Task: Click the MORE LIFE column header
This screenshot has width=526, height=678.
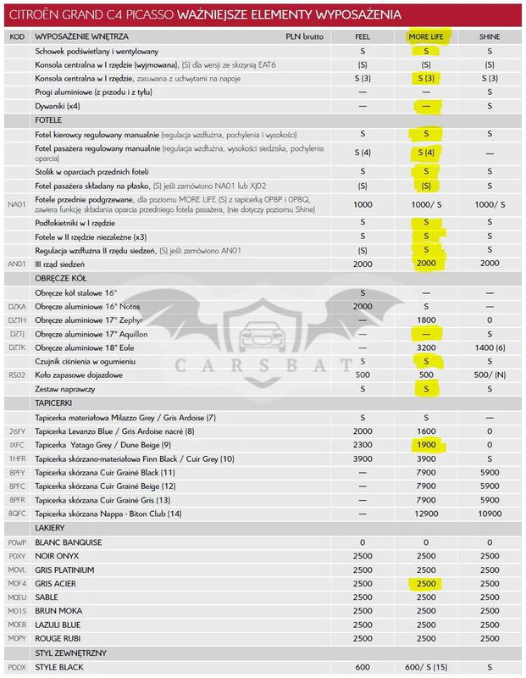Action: (426, 37)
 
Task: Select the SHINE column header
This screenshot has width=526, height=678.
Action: (490, 37)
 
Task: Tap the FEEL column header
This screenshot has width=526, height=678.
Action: (363, 37)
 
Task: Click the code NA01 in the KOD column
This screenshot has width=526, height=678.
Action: (17, 204)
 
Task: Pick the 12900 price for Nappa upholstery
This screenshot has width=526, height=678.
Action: (426, 514)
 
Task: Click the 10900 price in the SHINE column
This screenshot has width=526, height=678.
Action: (490, 514)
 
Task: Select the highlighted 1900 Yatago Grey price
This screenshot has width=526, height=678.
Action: (426, 443)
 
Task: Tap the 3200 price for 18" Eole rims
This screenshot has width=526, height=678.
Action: (426, 348)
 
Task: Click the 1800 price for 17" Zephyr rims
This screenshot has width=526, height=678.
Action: (426, 320)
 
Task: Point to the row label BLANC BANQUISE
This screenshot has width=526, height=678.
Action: (68, 542)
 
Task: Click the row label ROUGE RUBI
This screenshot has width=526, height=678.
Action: (58, 637)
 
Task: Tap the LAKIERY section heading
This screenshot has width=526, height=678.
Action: (51, 528)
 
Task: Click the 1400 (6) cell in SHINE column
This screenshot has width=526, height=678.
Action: (490, 348)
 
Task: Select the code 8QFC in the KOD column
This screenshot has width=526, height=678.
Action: (18, 514)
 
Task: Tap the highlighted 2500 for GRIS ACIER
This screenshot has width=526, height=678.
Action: (426, 583)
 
